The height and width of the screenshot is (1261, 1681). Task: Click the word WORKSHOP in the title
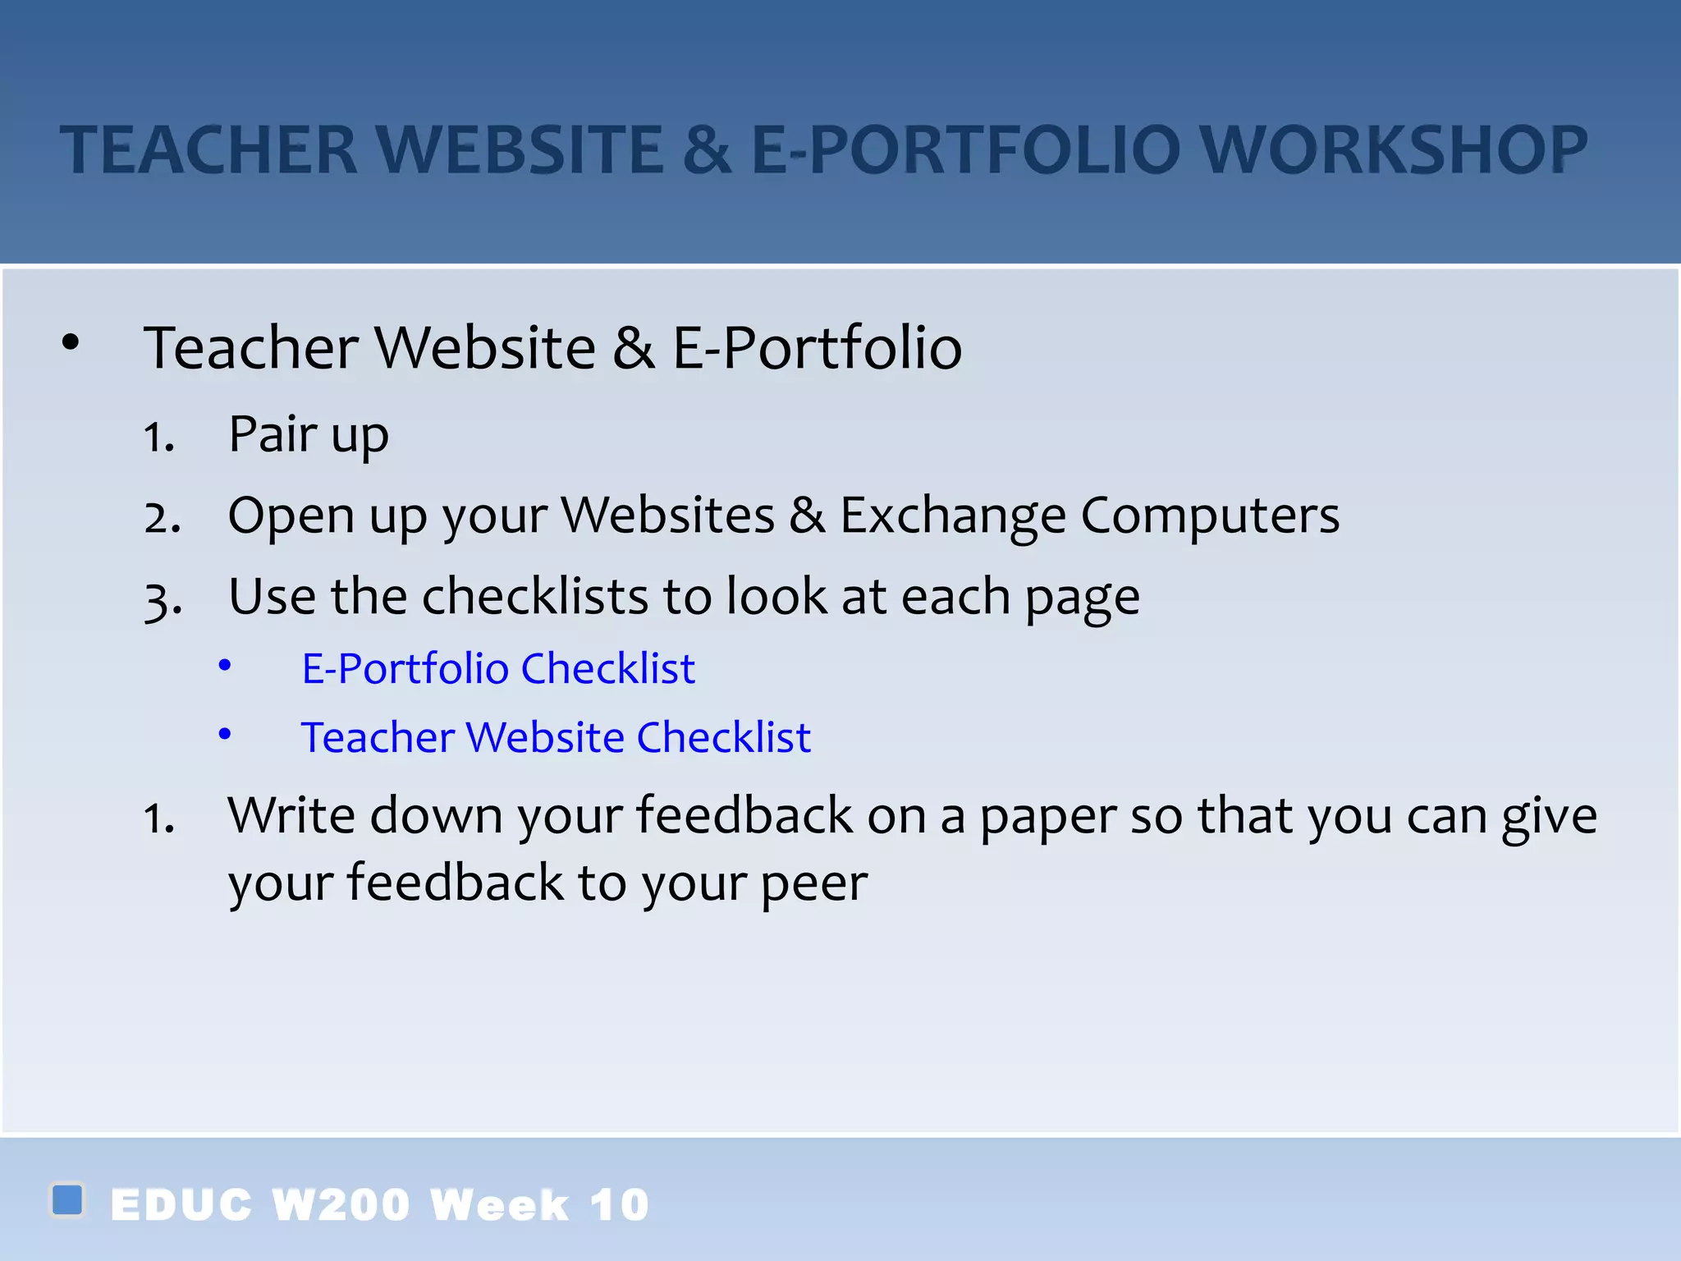click(x=1395, y=150)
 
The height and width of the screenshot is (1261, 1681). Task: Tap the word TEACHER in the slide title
click(x=209, y=150)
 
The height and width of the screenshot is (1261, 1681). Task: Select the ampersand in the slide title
click(x=707, y=150)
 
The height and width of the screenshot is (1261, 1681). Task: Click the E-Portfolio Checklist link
click(x=498, y=668)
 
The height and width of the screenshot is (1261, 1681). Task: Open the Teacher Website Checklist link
click(x=556, y=737)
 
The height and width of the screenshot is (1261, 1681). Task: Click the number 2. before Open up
click(x=162, y=518)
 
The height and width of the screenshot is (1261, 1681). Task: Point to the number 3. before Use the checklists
click(x=163, y=599)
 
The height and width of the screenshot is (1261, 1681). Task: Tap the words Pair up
click(x=308, y=434)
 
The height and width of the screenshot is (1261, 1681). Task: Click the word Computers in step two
click(x=1210, y=516)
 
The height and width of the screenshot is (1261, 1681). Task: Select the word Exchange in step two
click(x=952, y=516)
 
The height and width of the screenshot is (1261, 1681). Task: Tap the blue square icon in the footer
click(x=67, y=1199)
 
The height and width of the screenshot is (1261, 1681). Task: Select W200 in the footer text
click(x=340, y=1205)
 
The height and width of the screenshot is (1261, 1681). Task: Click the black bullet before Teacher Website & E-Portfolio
click(x=71, y=343)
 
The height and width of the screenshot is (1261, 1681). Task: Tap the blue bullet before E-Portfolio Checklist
click(x=225, y=665)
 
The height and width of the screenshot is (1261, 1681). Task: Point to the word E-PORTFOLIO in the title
click(x=965, y=150)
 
